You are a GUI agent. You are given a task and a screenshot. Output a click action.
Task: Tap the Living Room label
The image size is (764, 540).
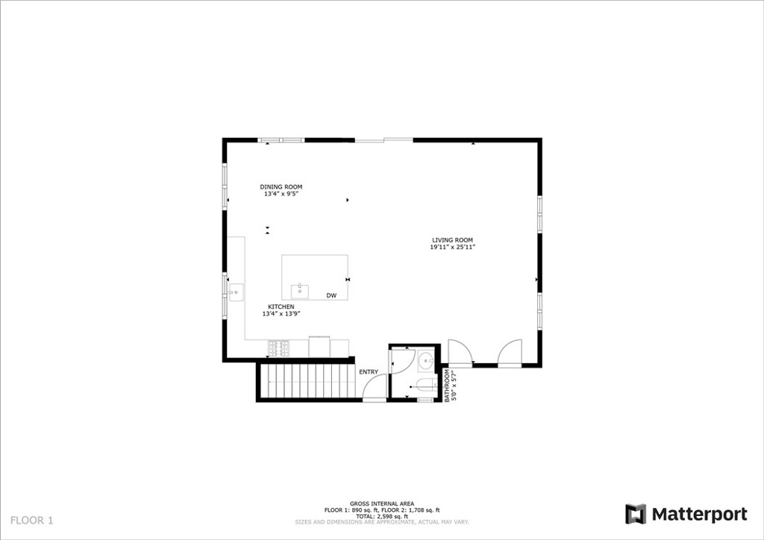coord(452,240)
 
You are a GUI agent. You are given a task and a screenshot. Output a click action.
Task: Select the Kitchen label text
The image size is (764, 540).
coord(281,307)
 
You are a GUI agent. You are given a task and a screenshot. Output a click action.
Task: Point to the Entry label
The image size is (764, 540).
coord(369,372)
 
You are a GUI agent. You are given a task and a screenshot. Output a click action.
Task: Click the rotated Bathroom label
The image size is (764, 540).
coord(447,385)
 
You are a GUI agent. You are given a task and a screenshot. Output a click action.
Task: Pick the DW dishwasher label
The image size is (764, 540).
coord(331,295)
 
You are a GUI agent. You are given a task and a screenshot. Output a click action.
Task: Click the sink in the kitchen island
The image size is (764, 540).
coord(300,292)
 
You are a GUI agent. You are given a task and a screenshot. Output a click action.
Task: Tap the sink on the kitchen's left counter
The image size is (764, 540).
coord(236,292)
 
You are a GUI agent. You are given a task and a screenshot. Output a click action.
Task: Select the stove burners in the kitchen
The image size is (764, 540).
coord(278,348)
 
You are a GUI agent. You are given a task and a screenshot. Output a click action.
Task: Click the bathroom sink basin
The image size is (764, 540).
coord(427,361)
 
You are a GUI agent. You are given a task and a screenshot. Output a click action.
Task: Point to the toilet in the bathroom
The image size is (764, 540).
coord(428,385)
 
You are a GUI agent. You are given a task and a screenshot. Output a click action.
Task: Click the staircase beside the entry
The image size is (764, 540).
coord(307,382)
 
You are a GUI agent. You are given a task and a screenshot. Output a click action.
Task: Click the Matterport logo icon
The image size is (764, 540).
coord(636,514)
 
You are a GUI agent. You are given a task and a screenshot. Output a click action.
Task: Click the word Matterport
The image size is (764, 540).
coord(700,514)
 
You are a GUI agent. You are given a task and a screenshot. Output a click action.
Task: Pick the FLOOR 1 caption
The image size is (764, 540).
coord(31,521)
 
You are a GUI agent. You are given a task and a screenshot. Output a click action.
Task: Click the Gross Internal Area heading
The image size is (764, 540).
coord(382,503)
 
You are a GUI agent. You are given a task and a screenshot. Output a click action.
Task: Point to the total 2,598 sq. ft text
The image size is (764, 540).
coord(382,516)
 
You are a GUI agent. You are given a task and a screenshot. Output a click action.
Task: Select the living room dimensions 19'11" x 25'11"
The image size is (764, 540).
coord(452,247)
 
